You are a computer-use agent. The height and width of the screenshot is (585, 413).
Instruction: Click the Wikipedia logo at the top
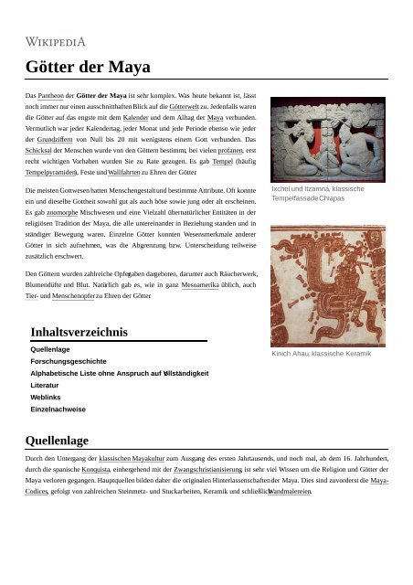pyautogui.click(x=56, y=41)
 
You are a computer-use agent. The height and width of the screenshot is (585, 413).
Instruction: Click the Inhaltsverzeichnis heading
pyautogui.click(x=79, y=332)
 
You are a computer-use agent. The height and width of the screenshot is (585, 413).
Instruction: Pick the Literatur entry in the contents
pyautogui.click(x=45, y=386)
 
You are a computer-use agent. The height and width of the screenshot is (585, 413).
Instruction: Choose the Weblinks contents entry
pyautogui.click(x=46, y=398)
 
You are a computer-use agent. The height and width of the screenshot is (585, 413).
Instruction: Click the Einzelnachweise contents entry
pyautogui.click(x=58, y=409)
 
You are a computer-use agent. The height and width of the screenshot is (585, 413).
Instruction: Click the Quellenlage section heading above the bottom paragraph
pyautogui.click(x=58, y=440)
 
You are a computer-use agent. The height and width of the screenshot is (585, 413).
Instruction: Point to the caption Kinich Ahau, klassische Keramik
pyautogui.click(x=321, y=353)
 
